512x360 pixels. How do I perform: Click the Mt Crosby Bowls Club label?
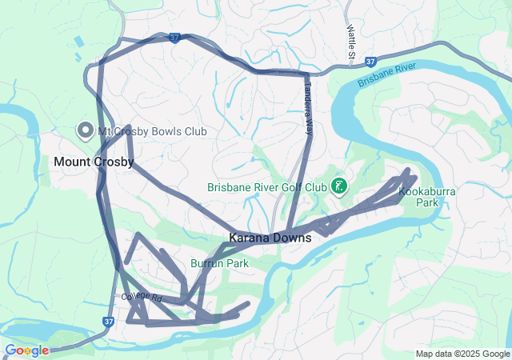[x=152, y=131]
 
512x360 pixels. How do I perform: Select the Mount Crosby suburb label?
[x=94, y=162]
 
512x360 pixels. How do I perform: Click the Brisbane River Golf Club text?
[x=266, y=187]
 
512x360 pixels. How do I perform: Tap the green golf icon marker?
[x=338, y=186]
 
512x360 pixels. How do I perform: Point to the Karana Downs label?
[x=270, y=238]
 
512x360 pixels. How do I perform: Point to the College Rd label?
[x=142, y=297]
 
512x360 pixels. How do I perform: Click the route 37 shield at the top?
[x=174, y=37]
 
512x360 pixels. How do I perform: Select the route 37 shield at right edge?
[x=370, y=61]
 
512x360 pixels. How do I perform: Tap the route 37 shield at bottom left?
[x=108, y=321]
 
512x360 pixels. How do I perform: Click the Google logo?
[x=26, y=350]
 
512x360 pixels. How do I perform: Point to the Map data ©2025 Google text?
[x=462, y=354]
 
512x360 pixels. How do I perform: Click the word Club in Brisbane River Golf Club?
[x=314, y=187]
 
